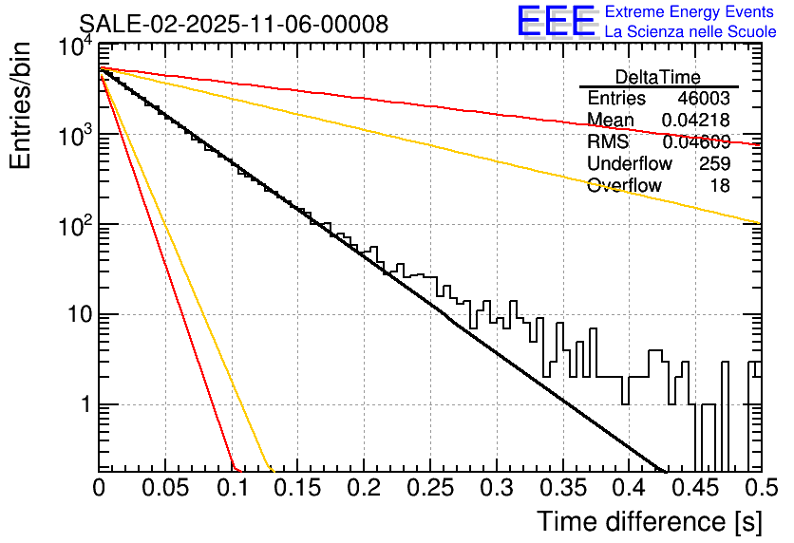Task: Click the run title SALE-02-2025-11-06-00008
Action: click(x=233, y=24)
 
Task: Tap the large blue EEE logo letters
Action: click(x=557, y=21)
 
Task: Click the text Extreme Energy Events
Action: click(x=690, y=12)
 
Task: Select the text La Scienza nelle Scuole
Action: click(x=690, y=32)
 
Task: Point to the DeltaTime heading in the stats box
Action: click(x=658, y=77)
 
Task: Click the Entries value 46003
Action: click(x=704, y=99)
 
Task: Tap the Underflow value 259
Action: click(x=714, y=164)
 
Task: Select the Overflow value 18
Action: click(x=720, y=186)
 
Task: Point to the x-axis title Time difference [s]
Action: click(x=650, y=521)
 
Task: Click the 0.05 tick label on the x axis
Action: click(x=165, y=489)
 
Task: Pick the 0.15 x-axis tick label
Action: click(x=297, y=489)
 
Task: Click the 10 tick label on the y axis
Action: click(x=76, y=314)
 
